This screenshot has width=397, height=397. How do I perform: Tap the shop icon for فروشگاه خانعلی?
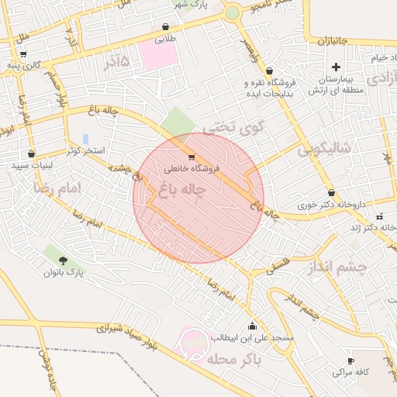point(192,157)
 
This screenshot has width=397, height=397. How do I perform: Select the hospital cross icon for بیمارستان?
point(335,67)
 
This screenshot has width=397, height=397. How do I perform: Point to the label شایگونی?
point(324,147)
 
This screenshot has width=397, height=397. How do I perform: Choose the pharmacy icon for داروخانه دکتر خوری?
point(331,192)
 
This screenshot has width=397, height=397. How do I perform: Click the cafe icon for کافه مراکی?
point(350,361)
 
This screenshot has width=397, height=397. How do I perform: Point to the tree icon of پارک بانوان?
point(63,260)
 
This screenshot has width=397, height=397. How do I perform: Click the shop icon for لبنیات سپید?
point(31,154)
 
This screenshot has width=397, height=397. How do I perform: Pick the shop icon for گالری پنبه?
point(23,54)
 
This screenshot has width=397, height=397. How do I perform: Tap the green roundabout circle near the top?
point(233,12)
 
